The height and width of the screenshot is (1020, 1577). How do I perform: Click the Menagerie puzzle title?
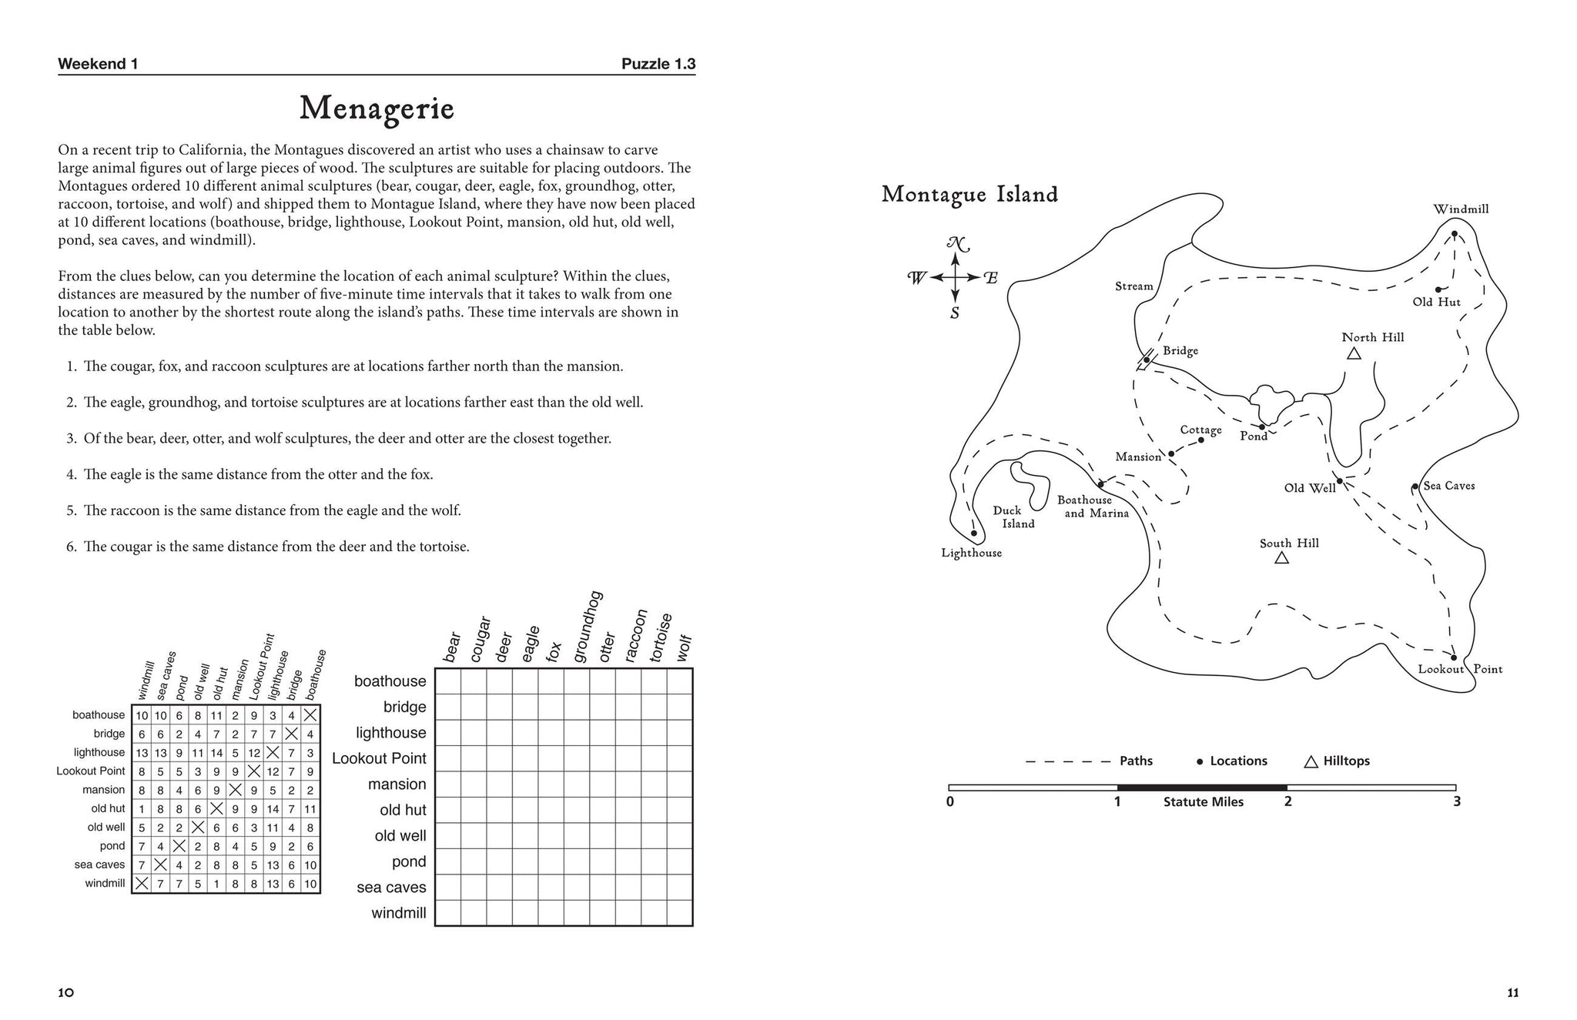(377, 109)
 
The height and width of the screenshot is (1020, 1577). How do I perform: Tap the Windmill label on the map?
(1461, 209)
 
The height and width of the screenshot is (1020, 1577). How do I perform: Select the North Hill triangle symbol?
(1353, 353)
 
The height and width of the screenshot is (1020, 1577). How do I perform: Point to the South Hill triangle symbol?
(1281, 557)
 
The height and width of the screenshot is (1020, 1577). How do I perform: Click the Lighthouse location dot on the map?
(973, 533)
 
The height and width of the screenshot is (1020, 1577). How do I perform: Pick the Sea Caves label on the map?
(1448, 486)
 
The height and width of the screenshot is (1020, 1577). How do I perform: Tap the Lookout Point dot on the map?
(1453, 657)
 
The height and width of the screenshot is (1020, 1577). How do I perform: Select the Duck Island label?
(1013, 517)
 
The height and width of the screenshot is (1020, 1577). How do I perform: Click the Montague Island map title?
(969, 194)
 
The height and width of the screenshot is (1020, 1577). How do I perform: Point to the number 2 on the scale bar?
(1287, 801)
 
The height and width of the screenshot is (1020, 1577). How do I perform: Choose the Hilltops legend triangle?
(1311, 761)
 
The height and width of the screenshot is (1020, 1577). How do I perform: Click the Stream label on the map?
(1133, 286)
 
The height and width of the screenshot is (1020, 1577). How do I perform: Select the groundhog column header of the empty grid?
(588, 627)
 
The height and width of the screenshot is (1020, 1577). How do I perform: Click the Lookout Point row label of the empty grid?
(379, 758)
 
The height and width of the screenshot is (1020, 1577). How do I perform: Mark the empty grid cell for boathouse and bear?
(448, 681)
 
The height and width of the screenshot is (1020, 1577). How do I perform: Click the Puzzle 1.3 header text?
(658, 64)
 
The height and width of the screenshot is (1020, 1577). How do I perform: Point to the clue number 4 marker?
(71, 475)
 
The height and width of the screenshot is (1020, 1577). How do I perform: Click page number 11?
(1512, 993)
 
